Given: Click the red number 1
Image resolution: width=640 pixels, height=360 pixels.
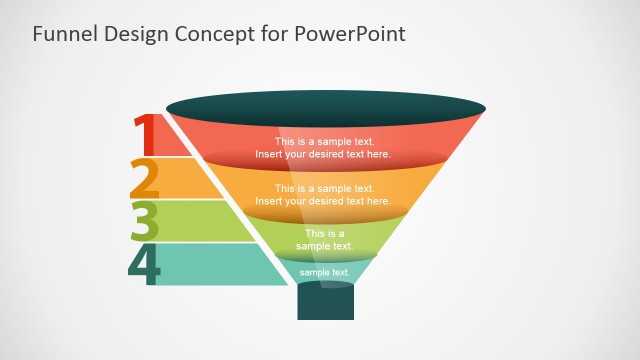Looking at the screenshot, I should click(x=145, y=134).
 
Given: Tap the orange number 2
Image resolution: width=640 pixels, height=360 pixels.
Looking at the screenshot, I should click(x=145, y=178).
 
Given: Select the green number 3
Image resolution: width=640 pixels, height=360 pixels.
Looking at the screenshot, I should click(x=146, y=221).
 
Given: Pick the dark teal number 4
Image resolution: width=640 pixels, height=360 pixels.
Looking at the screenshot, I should click(x=145, y=264).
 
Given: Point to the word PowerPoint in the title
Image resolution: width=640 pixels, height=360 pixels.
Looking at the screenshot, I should click(x=350, y=34).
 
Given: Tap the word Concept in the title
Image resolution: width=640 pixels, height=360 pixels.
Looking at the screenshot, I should click(x=213, y=34).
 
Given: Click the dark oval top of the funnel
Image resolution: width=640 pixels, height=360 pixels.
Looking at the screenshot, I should click(x=326, y=106).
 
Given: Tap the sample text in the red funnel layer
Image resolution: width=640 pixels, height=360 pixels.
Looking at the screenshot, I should click(x=323, y=148).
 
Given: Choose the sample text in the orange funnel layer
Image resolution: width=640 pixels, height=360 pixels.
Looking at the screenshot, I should click(x=323, y=195).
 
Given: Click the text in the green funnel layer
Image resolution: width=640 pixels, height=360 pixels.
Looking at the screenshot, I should click(x=324, y=239).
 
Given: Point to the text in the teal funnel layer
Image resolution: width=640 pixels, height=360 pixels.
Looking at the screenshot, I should click(x=324, y=272).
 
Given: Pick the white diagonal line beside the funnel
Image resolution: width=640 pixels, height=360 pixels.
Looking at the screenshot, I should click(x=230, y=200).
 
